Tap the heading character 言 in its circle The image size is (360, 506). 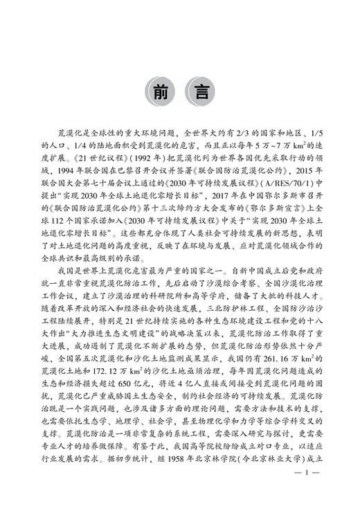pos(202,90)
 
